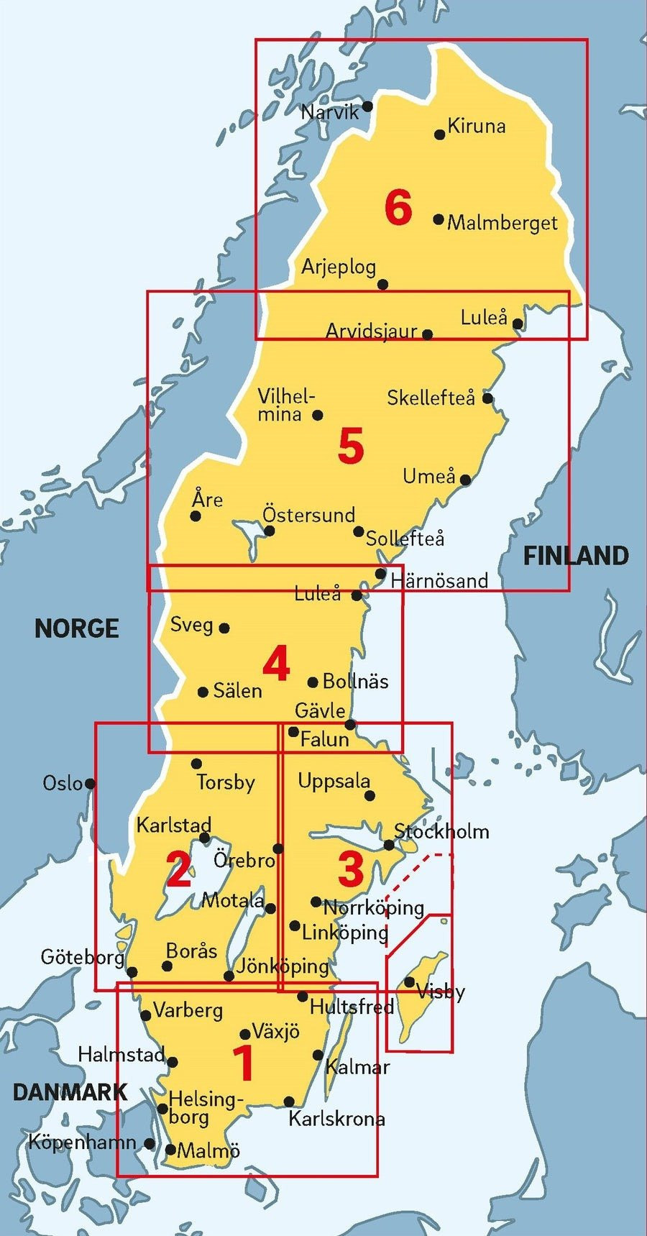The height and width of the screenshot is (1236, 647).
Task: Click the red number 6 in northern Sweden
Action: click(398, 208)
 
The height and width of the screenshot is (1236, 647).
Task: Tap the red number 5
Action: click(351, 446)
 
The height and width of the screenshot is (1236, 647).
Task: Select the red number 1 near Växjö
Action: click(244, 1063)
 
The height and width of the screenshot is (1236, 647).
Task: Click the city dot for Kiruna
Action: click(440, 134)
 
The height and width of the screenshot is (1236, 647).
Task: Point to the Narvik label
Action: click(329, 112)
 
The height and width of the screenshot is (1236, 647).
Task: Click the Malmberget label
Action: click(502, 223)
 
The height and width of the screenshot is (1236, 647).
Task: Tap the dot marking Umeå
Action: click(465, 480)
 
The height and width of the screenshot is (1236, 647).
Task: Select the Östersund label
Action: click(308, 515)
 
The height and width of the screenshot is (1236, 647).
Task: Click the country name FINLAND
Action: click(575, 556)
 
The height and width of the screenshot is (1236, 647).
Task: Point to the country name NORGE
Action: click(77, 629)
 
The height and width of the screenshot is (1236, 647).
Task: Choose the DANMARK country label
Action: click(70, 1092)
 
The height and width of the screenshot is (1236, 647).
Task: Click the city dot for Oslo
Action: click(90, 783)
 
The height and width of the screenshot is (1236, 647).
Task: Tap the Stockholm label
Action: click(441, 832)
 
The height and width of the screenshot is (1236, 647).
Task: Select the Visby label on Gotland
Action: click(440, 992)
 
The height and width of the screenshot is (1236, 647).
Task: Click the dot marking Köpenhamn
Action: click(150, 1143)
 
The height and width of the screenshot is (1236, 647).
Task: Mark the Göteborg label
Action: click(83, 957)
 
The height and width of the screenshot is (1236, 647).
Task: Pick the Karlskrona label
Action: click(336, 1119)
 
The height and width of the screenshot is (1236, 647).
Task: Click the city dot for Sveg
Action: click(224, 628)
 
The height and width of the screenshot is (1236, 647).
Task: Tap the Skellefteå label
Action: click(431, 398)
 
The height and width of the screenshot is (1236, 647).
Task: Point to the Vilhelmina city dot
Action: click(318, 415)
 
